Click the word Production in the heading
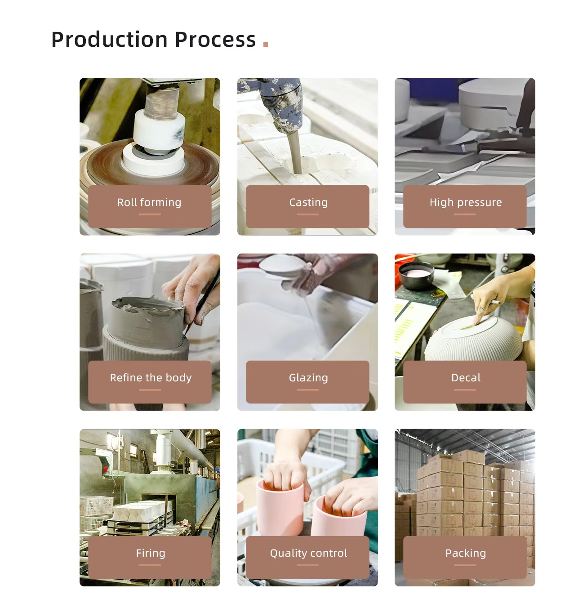pos(109,40)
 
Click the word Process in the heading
pos(215,40)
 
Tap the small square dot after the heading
pos(266,44)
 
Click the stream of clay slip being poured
pos(294,153)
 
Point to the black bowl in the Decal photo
pos(416,276)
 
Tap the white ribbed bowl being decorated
pos(473,340)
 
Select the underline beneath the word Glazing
pos(307,390)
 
